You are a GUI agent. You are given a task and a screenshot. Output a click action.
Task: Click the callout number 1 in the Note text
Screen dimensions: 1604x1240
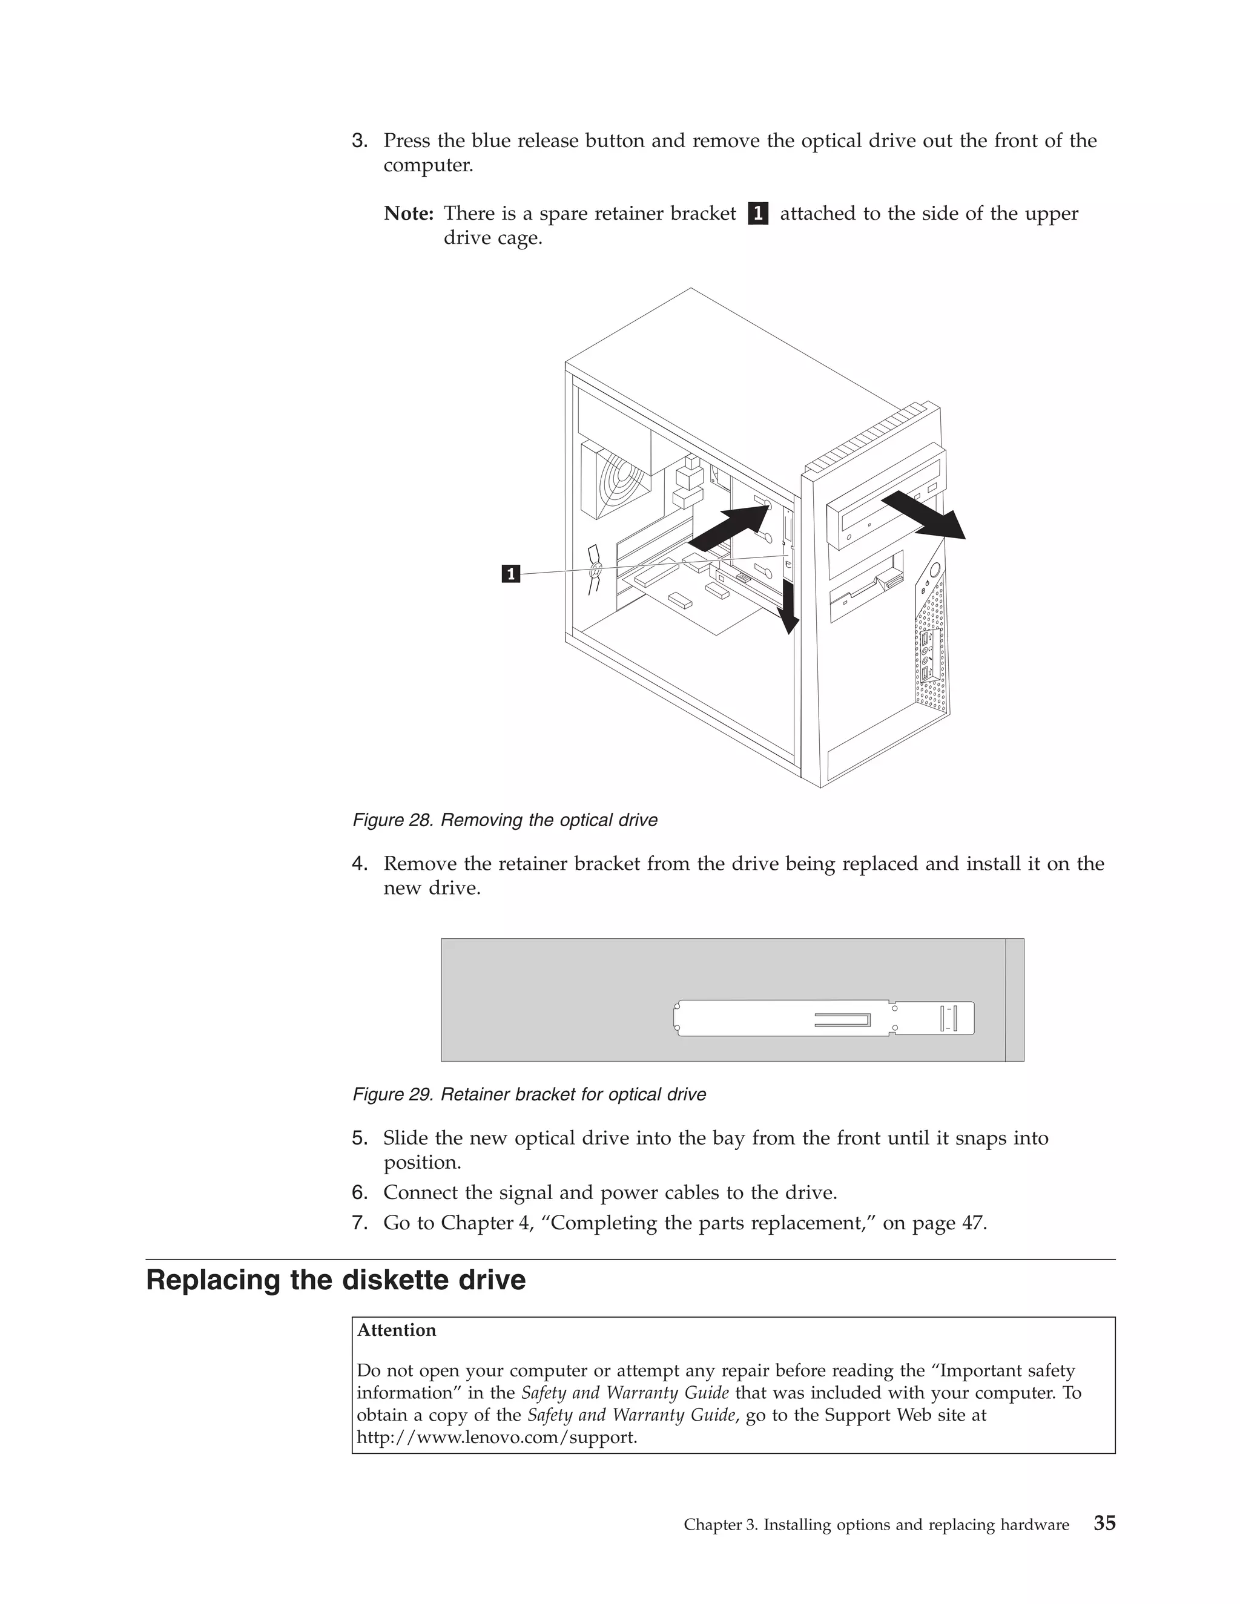coord(758,214)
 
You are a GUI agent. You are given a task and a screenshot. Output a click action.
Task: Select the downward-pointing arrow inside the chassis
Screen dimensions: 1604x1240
coord(788,606)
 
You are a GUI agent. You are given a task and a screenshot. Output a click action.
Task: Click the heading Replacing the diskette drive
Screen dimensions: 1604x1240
coord(335,1280)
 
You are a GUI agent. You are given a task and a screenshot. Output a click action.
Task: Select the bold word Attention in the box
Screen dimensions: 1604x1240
coord(397,1330)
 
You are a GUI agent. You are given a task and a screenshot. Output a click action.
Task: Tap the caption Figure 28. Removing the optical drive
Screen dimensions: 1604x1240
coord(505,820)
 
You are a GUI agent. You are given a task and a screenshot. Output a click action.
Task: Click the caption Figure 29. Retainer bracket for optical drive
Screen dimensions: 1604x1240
coord(529,1094)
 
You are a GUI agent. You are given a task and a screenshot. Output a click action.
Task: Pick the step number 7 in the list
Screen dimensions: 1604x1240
coord(359,1223)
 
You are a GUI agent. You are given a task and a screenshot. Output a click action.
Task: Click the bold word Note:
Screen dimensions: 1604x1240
coord(409,214)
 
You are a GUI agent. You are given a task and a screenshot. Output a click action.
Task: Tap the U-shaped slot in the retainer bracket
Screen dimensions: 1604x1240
coord(843,1019)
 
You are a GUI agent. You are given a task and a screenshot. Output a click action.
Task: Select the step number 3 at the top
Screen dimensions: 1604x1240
coord(359,141)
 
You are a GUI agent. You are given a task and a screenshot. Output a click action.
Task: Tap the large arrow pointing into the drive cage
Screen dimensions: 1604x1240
coord(731,527)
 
